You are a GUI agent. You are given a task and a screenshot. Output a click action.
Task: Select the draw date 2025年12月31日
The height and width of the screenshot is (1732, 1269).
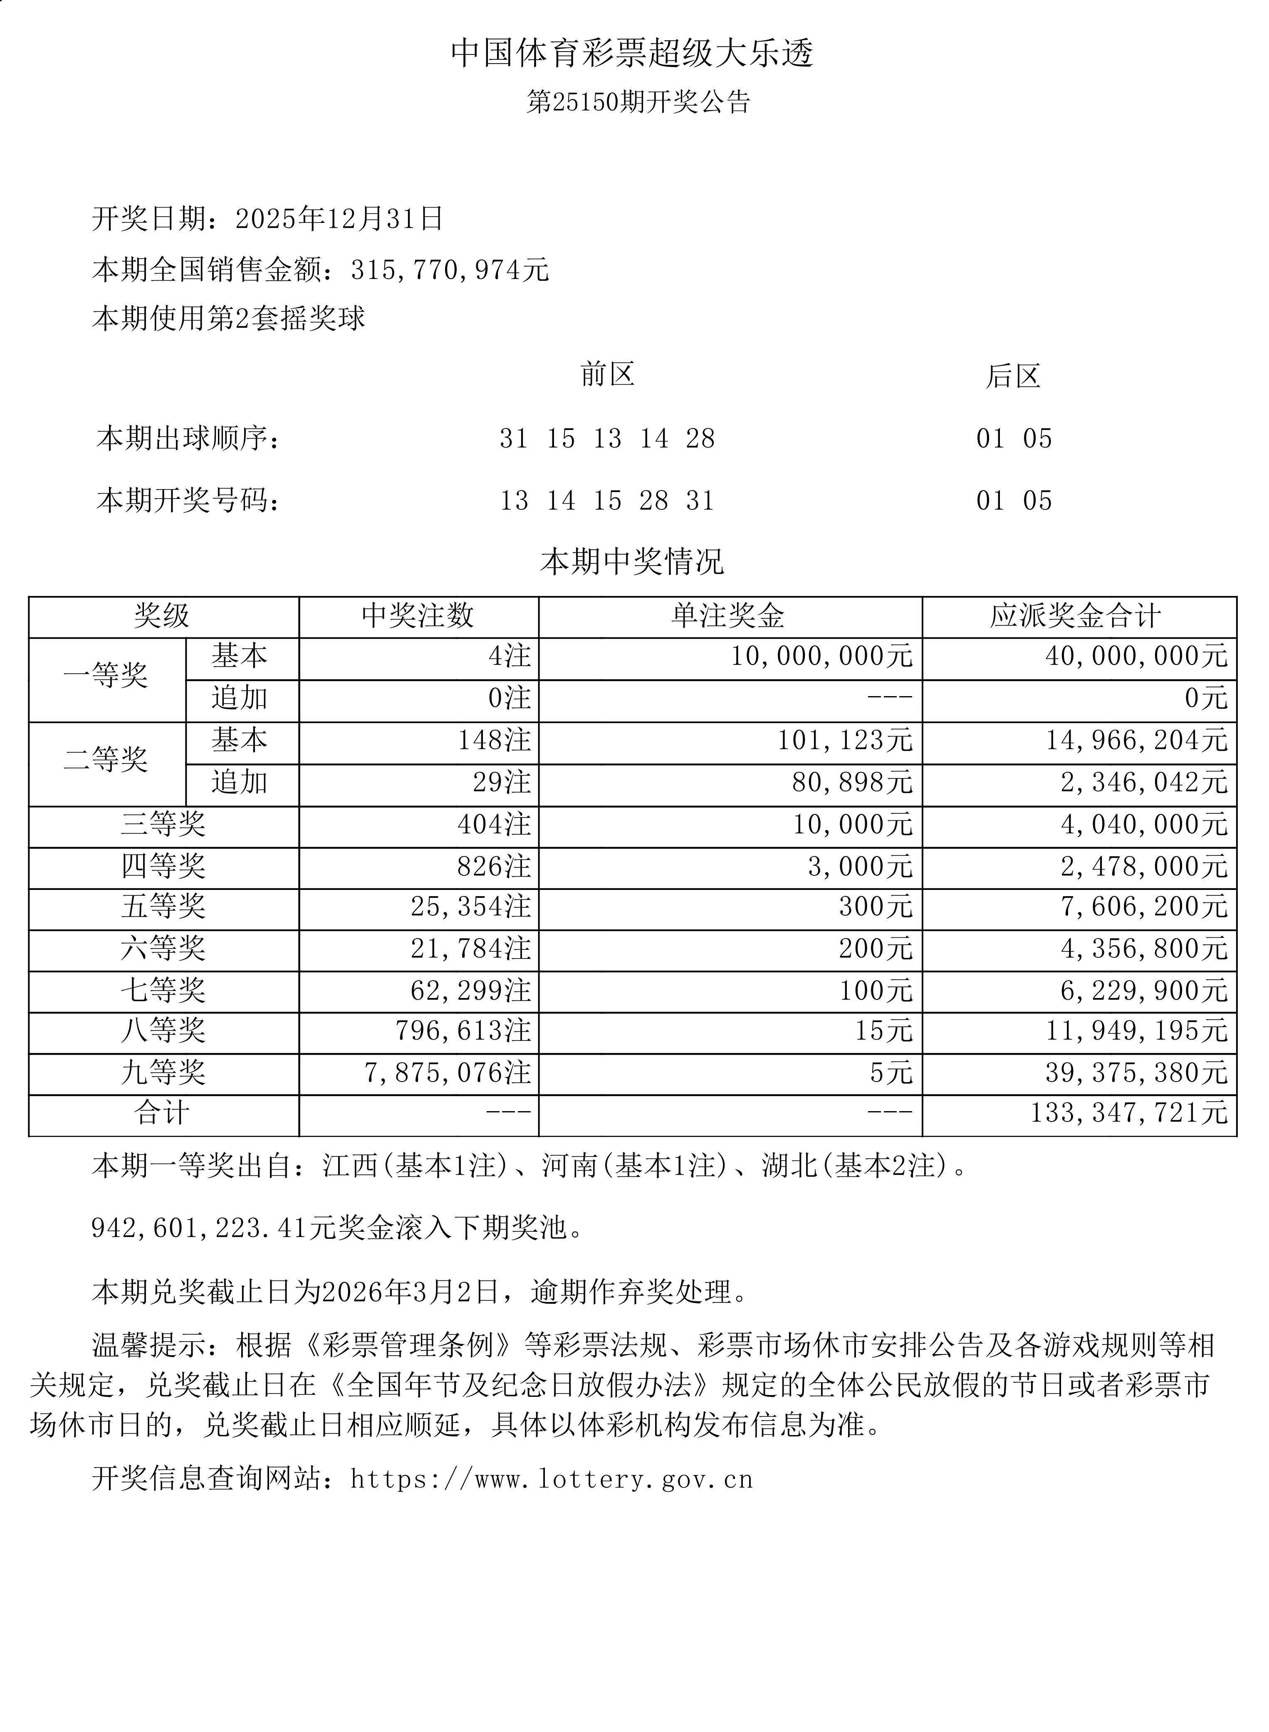pos(339,219)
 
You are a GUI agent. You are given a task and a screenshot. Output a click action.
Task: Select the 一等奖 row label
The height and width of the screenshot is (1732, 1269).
pos(106,676)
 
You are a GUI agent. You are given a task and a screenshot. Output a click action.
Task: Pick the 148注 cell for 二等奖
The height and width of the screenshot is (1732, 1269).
pos(494,741)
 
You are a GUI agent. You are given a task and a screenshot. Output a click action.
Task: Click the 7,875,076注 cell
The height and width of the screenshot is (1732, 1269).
pos(447,1073)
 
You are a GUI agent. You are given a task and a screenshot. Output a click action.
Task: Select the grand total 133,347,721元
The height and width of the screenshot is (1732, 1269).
pos(1128,1113)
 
